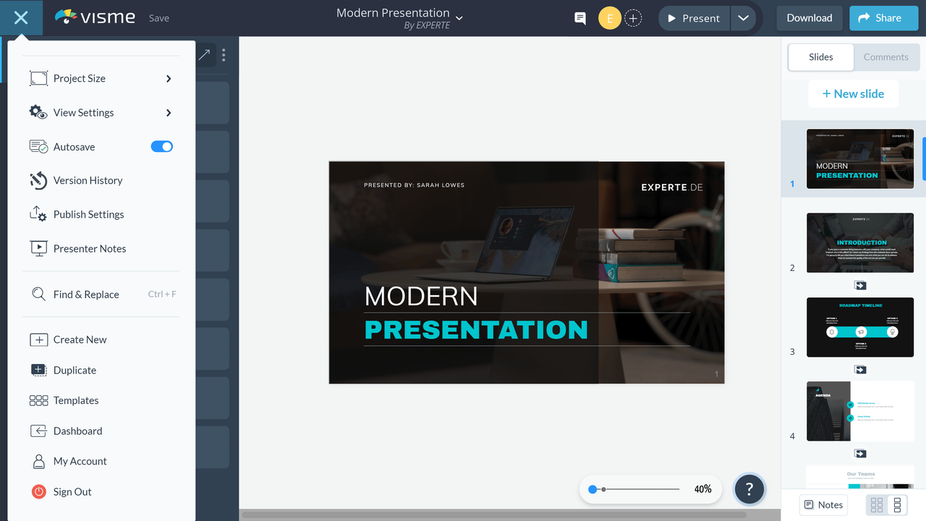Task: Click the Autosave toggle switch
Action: (161, 147)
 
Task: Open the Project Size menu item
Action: (80, 78)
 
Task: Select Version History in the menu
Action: (88, 180)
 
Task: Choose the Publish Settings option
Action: (88, 214)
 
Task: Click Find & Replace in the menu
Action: (86, 295)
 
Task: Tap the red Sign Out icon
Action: (39, 491)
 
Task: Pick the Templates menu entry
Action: (76, 400)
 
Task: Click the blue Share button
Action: (880, 18)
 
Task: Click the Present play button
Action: (692, 18)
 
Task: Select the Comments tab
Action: (885, 57)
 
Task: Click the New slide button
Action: (853, 93)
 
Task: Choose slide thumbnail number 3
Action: (859, 327)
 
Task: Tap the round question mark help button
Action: (749, 489)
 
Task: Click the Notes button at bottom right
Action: (823, 504)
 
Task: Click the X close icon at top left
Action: (21, 18)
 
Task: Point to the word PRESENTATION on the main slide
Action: (476, 330)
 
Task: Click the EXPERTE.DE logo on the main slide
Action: (671, 187)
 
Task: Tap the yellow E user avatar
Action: (609, 19)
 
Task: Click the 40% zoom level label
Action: (702, 489)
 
